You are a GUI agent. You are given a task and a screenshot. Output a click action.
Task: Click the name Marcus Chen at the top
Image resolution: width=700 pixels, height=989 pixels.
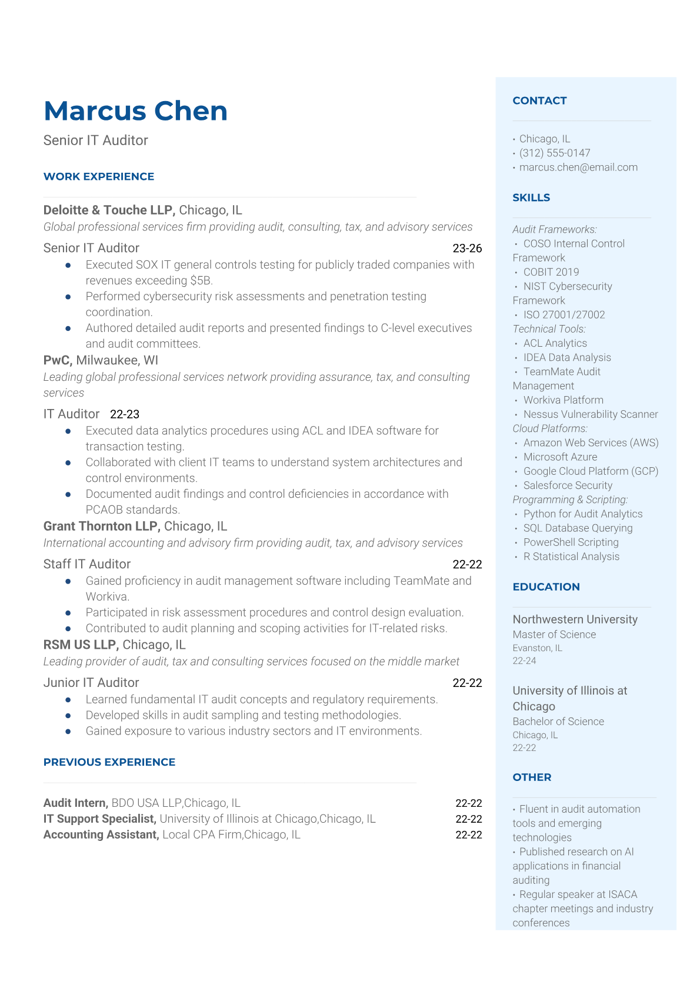[135, 111]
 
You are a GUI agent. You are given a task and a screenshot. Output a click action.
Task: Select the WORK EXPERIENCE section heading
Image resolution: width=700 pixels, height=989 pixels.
[99, 176]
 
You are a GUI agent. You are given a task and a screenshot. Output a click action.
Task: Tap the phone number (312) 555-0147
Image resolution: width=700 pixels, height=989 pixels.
[555, 153]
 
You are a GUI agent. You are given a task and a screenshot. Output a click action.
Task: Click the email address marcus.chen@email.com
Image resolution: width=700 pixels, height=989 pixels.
[578, 167]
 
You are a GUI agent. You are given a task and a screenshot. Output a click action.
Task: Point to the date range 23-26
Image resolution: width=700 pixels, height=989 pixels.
[467, 248]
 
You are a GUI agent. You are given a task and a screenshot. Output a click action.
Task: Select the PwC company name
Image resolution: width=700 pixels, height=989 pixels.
[58, 360]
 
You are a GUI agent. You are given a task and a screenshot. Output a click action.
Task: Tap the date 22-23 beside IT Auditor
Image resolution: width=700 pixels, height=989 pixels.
[125, 414]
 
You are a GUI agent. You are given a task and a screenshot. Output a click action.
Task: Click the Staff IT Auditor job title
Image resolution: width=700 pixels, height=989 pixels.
[87, 564]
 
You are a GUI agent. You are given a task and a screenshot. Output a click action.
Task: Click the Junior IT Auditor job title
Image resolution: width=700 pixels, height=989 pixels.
[91, 683]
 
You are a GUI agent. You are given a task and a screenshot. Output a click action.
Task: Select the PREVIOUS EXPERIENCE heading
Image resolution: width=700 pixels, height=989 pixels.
[109, 762]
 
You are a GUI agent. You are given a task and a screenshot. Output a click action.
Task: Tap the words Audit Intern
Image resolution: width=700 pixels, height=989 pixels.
[75, 803]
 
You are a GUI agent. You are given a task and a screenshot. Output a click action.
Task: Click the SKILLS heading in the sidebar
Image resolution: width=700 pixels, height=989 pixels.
[531, 197]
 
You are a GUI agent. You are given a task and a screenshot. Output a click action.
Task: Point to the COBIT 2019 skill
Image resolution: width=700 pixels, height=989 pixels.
[551, 272]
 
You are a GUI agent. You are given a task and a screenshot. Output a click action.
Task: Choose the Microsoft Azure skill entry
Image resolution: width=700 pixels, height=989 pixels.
[560, 457]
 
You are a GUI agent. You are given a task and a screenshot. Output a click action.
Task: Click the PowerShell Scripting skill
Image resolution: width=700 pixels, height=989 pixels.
[571, 542]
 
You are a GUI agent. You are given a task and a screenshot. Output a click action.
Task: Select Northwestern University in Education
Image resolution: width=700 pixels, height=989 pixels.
[575, 619]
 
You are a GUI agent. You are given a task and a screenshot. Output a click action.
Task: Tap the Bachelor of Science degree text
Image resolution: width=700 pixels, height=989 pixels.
[558, 722]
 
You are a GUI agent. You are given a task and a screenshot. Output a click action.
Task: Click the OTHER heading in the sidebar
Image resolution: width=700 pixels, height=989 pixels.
[532, 777]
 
